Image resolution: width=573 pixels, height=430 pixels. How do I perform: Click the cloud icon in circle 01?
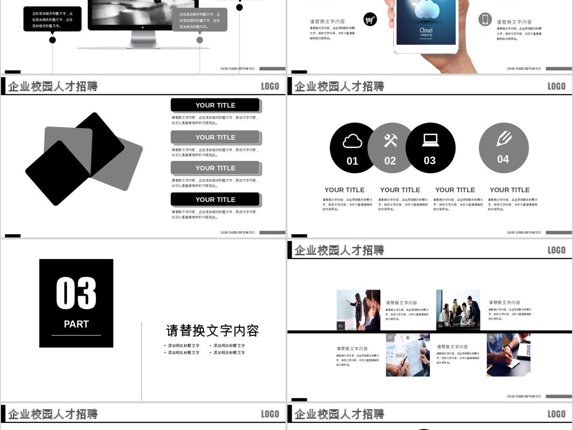coord(352,141)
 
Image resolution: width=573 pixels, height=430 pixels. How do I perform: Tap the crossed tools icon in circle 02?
coord(391,140)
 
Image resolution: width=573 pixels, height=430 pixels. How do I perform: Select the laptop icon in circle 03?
coord(430,140)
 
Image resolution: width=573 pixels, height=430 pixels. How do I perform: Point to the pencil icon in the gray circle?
coord(504,139)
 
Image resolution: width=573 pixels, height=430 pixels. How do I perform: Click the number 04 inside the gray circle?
coord(503,159)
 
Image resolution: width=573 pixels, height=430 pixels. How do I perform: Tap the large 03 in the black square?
coord(76,292)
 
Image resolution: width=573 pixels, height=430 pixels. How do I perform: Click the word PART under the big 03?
coord(76,324)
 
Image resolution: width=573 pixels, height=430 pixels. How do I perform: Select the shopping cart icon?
coord(370,20)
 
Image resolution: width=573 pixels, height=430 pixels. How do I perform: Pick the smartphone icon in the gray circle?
coord(485,20)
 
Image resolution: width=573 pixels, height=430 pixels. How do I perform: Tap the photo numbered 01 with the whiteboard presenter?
coord(359,310)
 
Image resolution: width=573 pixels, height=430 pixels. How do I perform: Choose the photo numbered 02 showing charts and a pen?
coord(408,355)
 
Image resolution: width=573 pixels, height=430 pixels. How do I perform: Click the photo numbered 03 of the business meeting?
coord(458,310)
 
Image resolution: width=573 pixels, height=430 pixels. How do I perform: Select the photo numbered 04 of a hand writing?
coord(509,355)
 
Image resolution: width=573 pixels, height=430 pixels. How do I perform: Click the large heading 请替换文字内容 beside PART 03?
coord(212,331)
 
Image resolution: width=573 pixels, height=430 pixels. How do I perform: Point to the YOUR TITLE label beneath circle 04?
coord(509,190)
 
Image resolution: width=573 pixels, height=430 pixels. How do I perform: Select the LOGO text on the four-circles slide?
coord(556,86)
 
